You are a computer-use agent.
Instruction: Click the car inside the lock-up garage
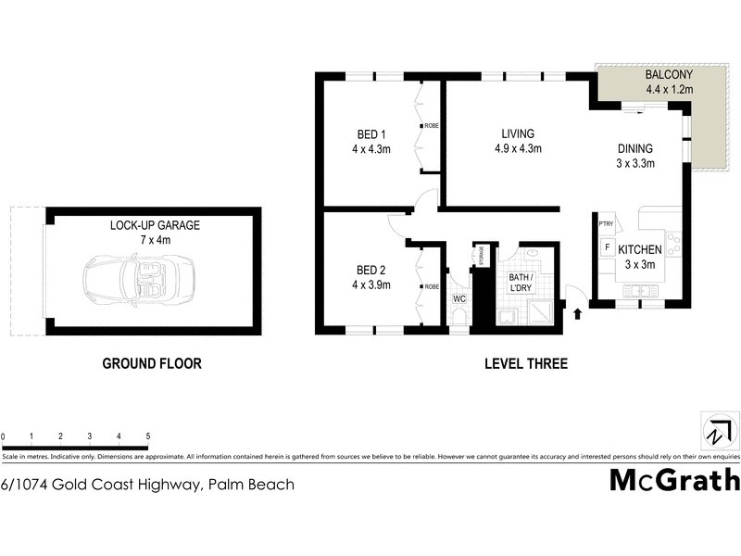[x=138, y=277]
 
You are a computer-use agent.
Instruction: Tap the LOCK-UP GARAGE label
[x=155, y=225]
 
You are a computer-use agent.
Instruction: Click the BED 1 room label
[x=371, y=133]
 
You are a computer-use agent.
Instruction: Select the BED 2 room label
[x=371, y=270]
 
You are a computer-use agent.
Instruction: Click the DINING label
[x=635, y=148]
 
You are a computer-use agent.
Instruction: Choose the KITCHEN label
[x=639, y=250]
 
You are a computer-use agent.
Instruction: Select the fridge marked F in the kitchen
[x=607, y=248]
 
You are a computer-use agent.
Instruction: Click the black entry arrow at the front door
[x=579, y=314]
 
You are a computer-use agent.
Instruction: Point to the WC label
[x=458, y=299]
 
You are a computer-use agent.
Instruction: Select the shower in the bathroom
[x=546, y=315]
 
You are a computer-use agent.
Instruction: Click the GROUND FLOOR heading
[x=151, y=364]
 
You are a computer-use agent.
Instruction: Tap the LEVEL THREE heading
[x=526, y=364]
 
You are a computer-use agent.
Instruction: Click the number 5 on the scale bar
[x=148, y=436]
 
